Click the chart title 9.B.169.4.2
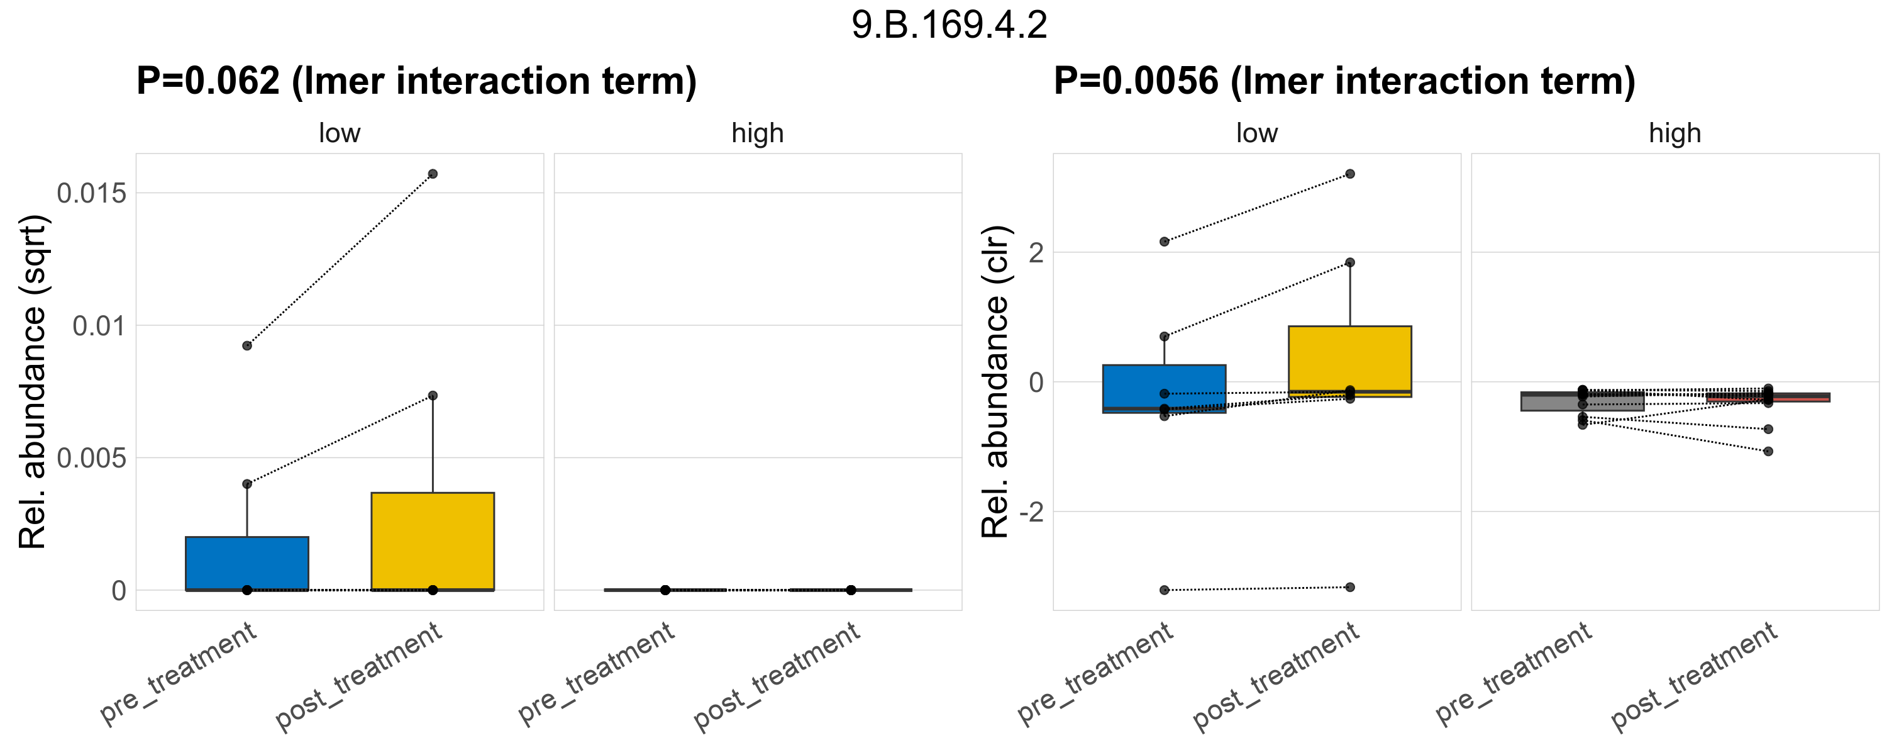point(949,25)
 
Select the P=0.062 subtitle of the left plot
point(416,81)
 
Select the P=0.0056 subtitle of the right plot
point(1344,81)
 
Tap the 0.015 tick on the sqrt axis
point(92,193)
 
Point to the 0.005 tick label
point(92,458)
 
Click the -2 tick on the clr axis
point(1031,512)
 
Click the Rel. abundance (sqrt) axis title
point(33,382)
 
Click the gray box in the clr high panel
point(1582,403)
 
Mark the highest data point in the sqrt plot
point(433,174)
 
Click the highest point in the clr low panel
point(1350,174)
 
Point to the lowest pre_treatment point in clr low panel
point(1164,590)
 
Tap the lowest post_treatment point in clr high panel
point(1768,451)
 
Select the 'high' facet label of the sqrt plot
point(757,133)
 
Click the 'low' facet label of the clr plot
point(1256,133)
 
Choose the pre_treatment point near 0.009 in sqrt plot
point(247,346)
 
